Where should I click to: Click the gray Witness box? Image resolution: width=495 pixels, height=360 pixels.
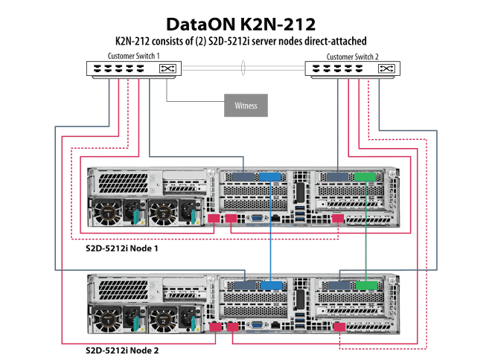tap(246, 106)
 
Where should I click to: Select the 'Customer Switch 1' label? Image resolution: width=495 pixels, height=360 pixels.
tap(134, 56)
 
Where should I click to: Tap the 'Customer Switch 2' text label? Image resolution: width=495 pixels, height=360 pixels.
tap(351, 56)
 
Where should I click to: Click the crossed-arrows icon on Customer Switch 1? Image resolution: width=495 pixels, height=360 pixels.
tap(167, 69)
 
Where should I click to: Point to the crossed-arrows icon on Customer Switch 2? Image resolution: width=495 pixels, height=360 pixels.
tap(386, 69)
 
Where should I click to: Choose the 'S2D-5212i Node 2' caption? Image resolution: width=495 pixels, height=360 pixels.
tap(124, 349)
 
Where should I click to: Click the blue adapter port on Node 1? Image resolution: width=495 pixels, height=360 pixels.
tap(269, 178)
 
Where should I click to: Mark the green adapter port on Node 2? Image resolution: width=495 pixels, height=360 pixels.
tap(365, 285)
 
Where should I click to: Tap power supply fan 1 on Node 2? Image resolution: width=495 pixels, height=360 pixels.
tap(106, 319)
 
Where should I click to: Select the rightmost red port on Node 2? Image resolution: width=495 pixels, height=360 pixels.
tap(339, 327)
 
